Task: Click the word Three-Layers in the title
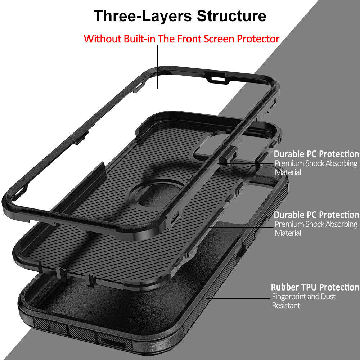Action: point(143,16)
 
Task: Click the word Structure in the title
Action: point(231,16)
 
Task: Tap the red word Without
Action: point(102,39)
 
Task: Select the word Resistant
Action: point(286,306)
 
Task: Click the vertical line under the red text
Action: point(157,67)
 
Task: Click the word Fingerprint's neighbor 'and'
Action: point(313,296)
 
